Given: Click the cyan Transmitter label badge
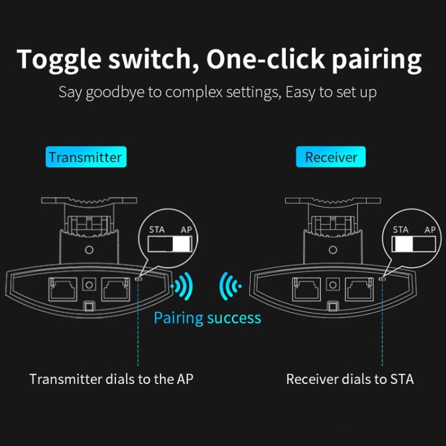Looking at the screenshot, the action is [x=86, y=157].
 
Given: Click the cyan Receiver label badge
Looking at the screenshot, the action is [x=331, y=157].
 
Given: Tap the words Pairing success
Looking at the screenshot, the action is [x=208, y=318].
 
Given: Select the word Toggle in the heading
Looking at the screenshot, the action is [x=59, y=60].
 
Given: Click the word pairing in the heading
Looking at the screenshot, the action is [x=376, y=60].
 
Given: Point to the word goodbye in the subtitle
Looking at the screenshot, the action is [x=115, y=93].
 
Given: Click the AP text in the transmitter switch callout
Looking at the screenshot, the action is [x=186, y=230].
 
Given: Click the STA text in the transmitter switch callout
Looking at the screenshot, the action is [x=157, y=230].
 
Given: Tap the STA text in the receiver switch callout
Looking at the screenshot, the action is [x=400, y=230].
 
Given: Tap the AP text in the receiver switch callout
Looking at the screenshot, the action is [x=430, y=230].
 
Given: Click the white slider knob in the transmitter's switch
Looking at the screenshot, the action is [x=181, y=244].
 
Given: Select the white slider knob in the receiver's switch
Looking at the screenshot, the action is [x=403, y=244].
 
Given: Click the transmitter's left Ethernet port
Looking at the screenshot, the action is [x=63, y=289].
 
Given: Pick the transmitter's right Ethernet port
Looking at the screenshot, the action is [x=116, y=289].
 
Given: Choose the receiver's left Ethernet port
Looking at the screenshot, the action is [x=307, y=289].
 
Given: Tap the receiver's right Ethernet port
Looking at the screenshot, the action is [x=360, y=289].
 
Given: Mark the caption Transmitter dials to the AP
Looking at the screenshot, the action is [x=111, y=379].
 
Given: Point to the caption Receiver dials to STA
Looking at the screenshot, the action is [x=350, y=379].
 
